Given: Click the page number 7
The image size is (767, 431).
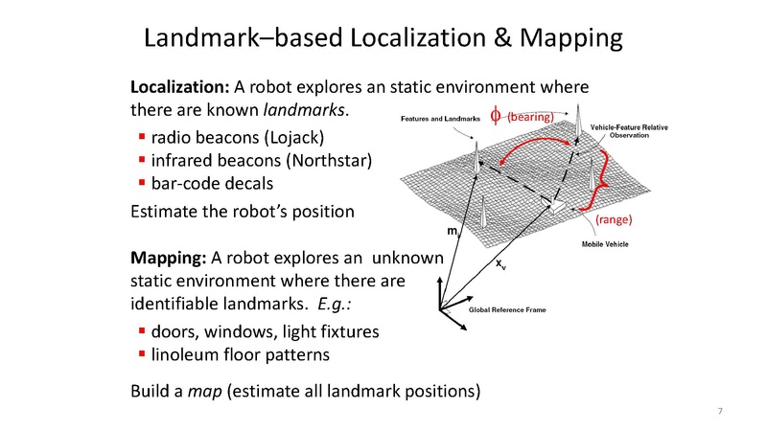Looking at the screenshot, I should tap(720, 412).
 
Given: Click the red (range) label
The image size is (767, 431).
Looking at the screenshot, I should tap(614, 220).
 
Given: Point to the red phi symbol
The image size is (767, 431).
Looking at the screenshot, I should tap(496, 116).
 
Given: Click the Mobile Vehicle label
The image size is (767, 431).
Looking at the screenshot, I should tap(605, 245).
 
